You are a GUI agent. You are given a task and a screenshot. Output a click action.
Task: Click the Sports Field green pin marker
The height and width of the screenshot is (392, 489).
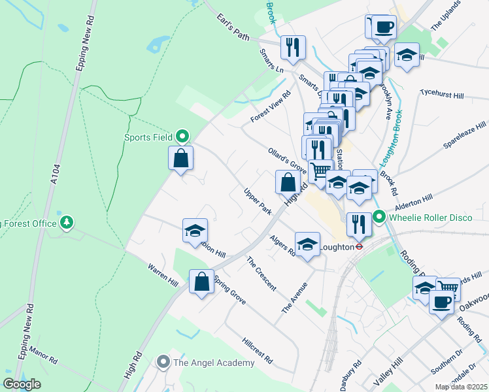(x=183, y=137)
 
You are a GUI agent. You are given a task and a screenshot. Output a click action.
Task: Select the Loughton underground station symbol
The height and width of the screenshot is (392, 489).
(x=359, y=247)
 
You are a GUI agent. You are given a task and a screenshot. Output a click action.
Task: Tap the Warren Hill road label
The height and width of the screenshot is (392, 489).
(x=163, y=277)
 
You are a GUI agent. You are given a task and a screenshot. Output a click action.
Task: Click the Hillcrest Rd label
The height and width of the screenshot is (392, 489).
(x=257, y=351)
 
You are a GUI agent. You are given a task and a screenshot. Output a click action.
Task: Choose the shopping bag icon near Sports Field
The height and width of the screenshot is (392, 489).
(x=181, y=157)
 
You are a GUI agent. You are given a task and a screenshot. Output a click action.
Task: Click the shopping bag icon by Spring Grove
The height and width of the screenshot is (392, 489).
(x=201, y=282)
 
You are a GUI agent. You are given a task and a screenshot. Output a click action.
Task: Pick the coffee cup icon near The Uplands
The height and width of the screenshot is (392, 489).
(x=384, y=27)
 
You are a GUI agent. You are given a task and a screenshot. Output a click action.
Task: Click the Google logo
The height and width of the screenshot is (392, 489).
(x=22, y=384)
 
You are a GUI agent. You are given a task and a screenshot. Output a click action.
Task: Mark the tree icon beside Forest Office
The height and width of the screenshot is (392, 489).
(x=66, y=223)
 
